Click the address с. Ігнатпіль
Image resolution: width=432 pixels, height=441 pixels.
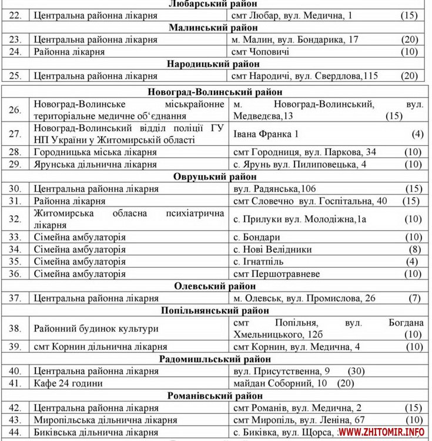pos(259,261)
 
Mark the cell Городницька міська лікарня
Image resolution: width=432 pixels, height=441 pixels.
pos(95,152)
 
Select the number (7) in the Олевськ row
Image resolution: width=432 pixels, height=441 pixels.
pos(414,298)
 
